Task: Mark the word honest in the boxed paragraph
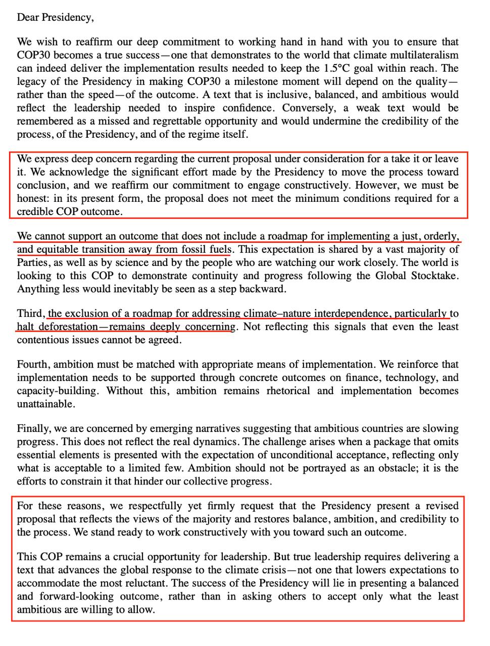tap(33, 198)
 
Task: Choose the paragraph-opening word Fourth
tap(33, 364)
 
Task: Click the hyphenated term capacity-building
tap(58, 391)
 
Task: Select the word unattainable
tap(45, 404)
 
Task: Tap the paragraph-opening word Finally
tap(33, 428)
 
